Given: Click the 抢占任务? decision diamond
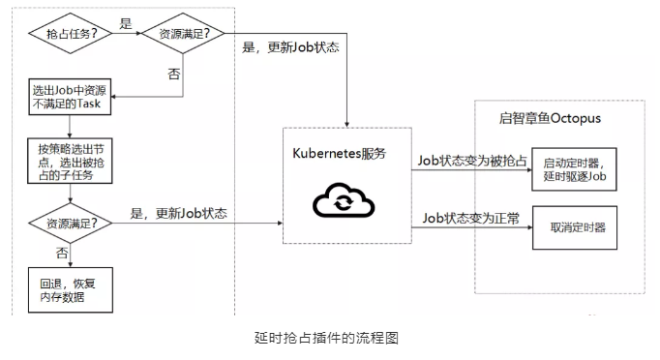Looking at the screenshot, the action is (x=71, y=33).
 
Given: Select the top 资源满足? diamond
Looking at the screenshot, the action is (x=183, y=33).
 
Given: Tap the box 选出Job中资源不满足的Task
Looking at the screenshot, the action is (x=70, y=97).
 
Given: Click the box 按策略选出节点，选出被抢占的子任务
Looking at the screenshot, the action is (x=70, y=161).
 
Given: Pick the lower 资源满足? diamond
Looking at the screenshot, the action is (x=71, y=224).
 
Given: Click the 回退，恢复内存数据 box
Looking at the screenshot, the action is (x=71, y=290).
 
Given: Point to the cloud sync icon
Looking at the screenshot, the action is (x=344, y=200).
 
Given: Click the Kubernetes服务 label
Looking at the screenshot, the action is (x=340, y=153).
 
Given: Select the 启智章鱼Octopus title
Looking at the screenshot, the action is (x=550, y=118).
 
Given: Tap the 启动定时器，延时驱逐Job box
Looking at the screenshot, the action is (x=574, y=169).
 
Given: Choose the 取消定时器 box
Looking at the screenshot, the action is (x=575, y=227).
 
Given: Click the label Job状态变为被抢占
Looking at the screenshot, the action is (x=472, y=161).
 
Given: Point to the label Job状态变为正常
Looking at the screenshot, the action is (x=471, y=218).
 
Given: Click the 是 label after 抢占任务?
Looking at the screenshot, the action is (x=126, y=23).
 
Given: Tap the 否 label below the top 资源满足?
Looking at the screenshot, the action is (x=174, y=75).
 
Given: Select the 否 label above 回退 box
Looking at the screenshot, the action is (x=62, y=253).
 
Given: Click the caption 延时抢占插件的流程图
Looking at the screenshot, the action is (x=327, y=338).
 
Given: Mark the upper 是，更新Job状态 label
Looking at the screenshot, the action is (x=290, y=47).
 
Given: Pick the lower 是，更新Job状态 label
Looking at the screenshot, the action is (x=178, y=214).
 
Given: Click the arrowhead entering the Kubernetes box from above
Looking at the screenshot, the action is (x=346, y=124).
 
